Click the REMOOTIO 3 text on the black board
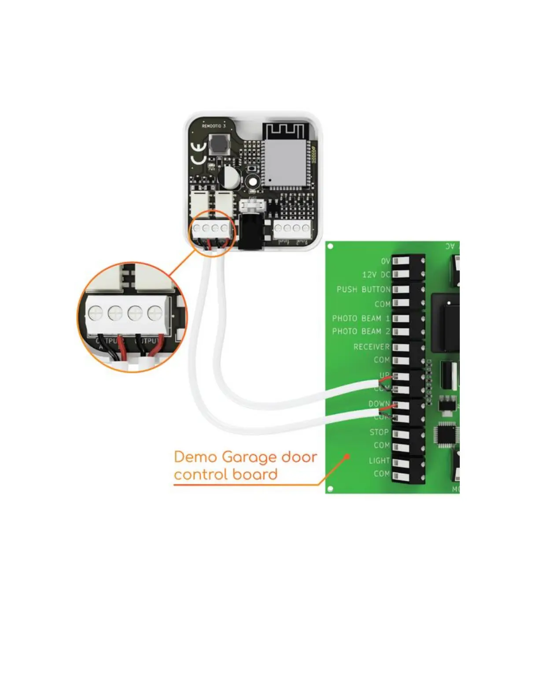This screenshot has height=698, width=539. tap(214, 126)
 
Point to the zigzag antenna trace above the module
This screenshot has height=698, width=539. tap(283, 131)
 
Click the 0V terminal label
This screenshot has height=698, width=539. tap(385, 261)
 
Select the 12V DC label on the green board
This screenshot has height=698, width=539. tap(376, 275)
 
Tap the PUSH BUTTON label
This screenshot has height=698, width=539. tap(363, 290)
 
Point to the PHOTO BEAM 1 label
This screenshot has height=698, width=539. tap(361, 318)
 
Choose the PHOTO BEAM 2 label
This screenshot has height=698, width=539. tap(361, 331)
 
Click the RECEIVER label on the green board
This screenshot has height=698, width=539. tap(371, 347)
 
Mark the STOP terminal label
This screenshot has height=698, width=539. tap(379, 432)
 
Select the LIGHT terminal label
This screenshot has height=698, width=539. tap(379, 460)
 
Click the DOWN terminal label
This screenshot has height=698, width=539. tap(379, 404)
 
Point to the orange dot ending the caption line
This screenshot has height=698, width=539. tap(347, 457)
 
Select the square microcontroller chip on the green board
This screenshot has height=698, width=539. tap(446, 434)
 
